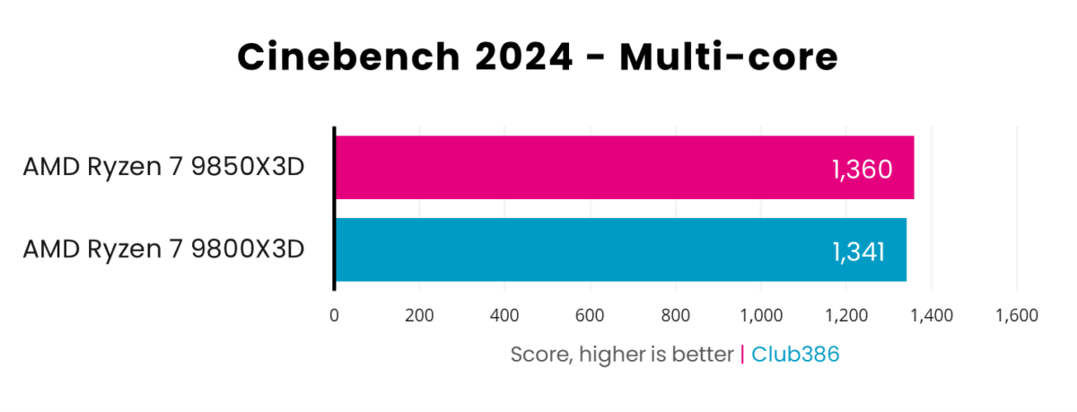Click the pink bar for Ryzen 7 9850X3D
(624, 168)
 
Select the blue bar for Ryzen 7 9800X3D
(619, 250)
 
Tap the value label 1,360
(862, 169)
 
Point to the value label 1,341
(858, 250)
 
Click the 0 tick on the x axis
(334, 315)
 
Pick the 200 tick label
(419, 315)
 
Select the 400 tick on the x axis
(504, 315)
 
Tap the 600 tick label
(590, 315)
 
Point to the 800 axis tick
(675, 315)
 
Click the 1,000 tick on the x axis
(760, 315)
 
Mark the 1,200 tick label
(845, 315)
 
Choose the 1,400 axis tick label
(931, 315)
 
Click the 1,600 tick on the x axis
(1016, 315)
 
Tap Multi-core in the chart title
(729, 57)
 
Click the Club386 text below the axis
(795, 355)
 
